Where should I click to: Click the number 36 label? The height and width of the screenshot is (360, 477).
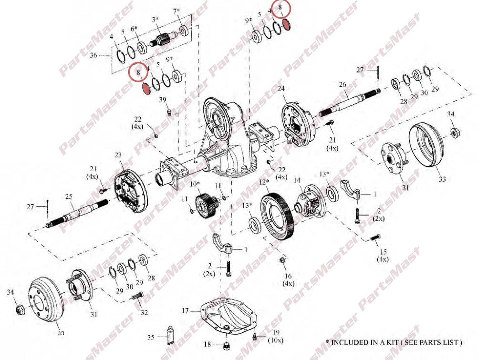[93, 55]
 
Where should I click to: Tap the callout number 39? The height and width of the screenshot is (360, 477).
[163, 100]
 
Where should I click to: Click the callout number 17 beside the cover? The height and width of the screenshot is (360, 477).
[185, 311]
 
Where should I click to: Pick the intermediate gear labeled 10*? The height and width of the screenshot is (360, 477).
[206, 206]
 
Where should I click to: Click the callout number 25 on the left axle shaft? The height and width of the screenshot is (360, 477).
[69, 197]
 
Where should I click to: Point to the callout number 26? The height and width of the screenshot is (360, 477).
[342, 84]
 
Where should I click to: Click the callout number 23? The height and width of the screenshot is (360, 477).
[118, 155]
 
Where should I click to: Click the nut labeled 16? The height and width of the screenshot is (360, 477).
[282, 260]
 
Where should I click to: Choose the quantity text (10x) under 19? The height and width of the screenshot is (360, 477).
[276, 340]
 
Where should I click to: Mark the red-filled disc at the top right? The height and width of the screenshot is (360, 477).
[287, 24]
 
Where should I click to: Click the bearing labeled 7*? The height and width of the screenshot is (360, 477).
[184, 31]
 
